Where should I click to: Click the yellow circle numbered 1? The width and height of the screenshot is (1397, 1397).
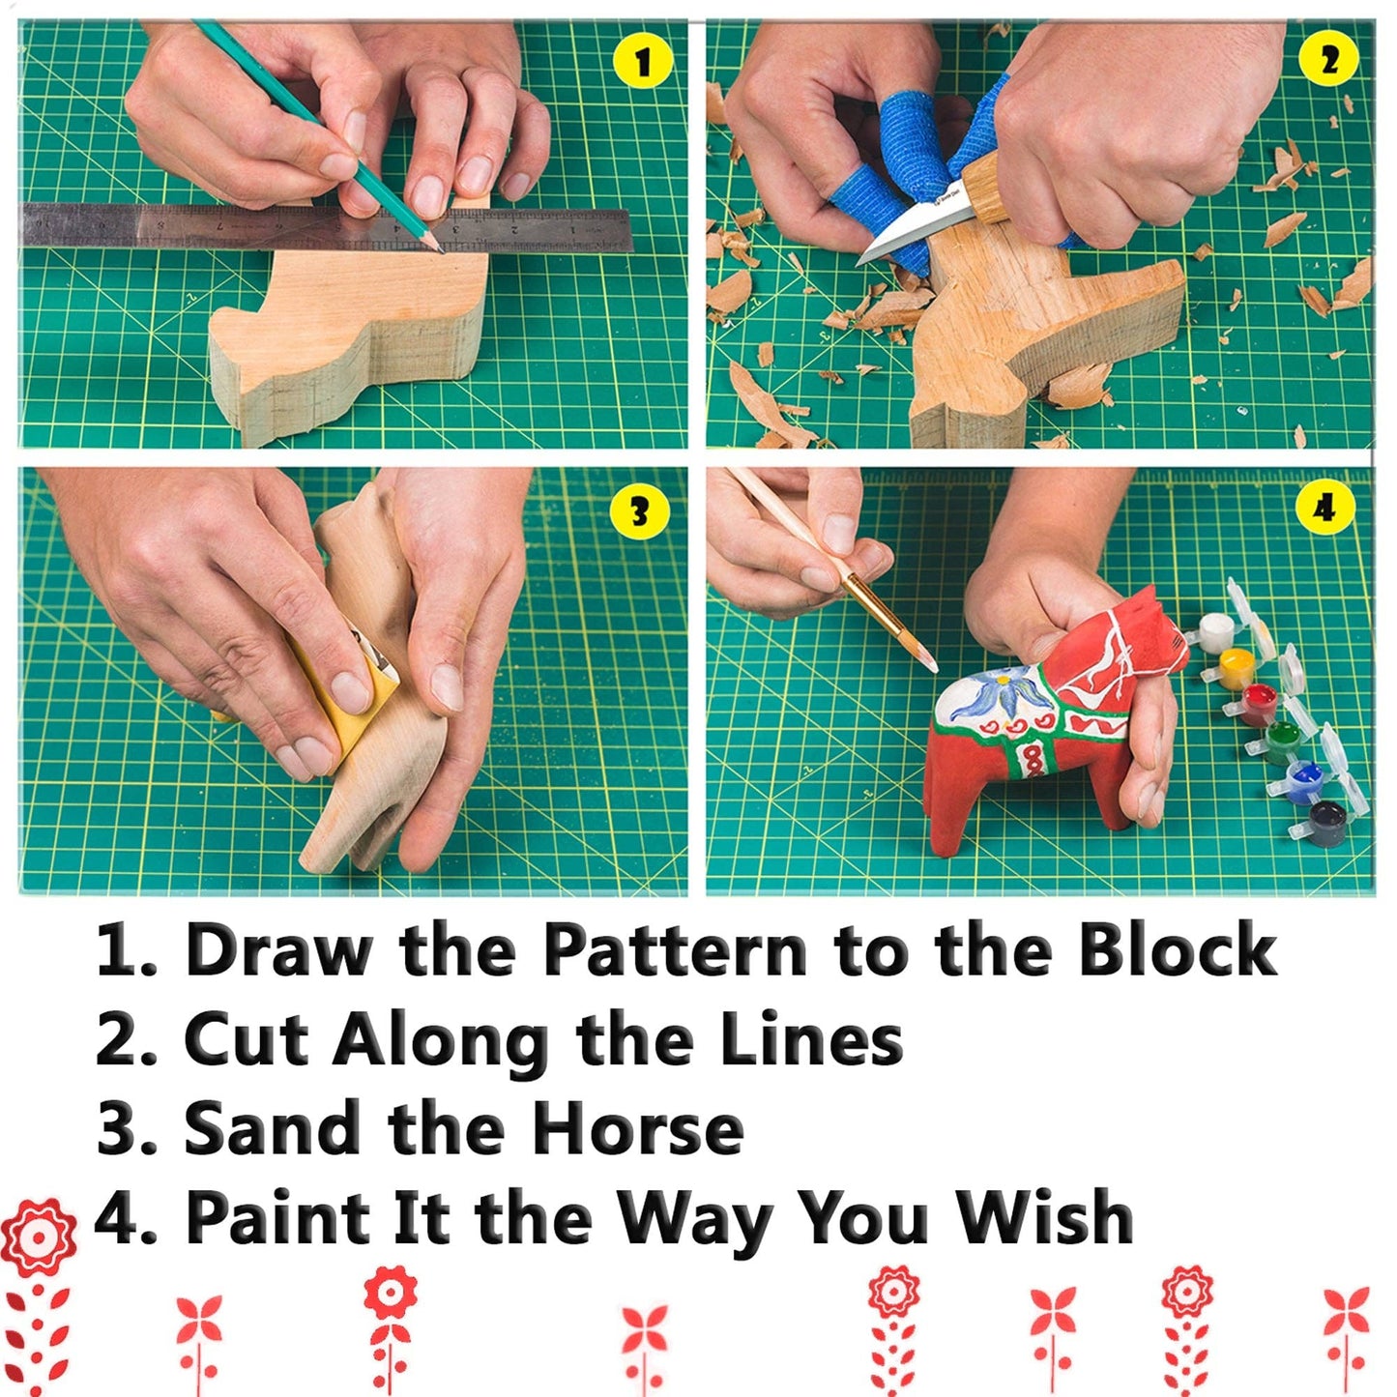click(x=643, y=64)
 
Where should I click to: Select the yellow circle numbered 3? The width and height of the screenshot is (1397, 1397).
click(x=640, y=511)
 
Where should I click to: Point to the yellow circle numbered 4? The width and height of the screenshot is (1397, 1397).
click(x=1324, y=508)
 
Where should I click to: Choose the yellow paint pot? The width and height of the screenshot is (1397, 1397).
click(x=1237, y=668)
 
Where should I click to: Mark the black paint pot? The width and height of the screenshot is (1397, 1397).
click(x=1326, y=823)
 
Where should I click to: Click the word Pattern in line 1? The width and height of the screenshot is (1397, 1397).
click(x=674, y=950)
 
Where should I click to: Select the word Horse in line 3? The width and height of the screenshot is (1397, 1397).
click(x=638, y=1128)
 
